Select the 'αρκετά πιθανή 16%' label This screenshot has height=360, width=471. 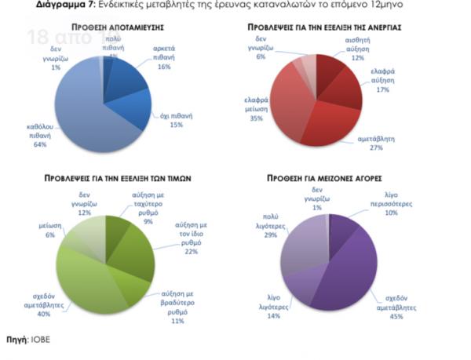pos(164,58)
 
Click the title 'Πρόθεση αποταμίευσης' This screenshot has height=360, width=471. pos(101,27)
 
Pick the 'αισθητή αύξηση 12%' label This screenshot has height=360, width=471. pos(358,48)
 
